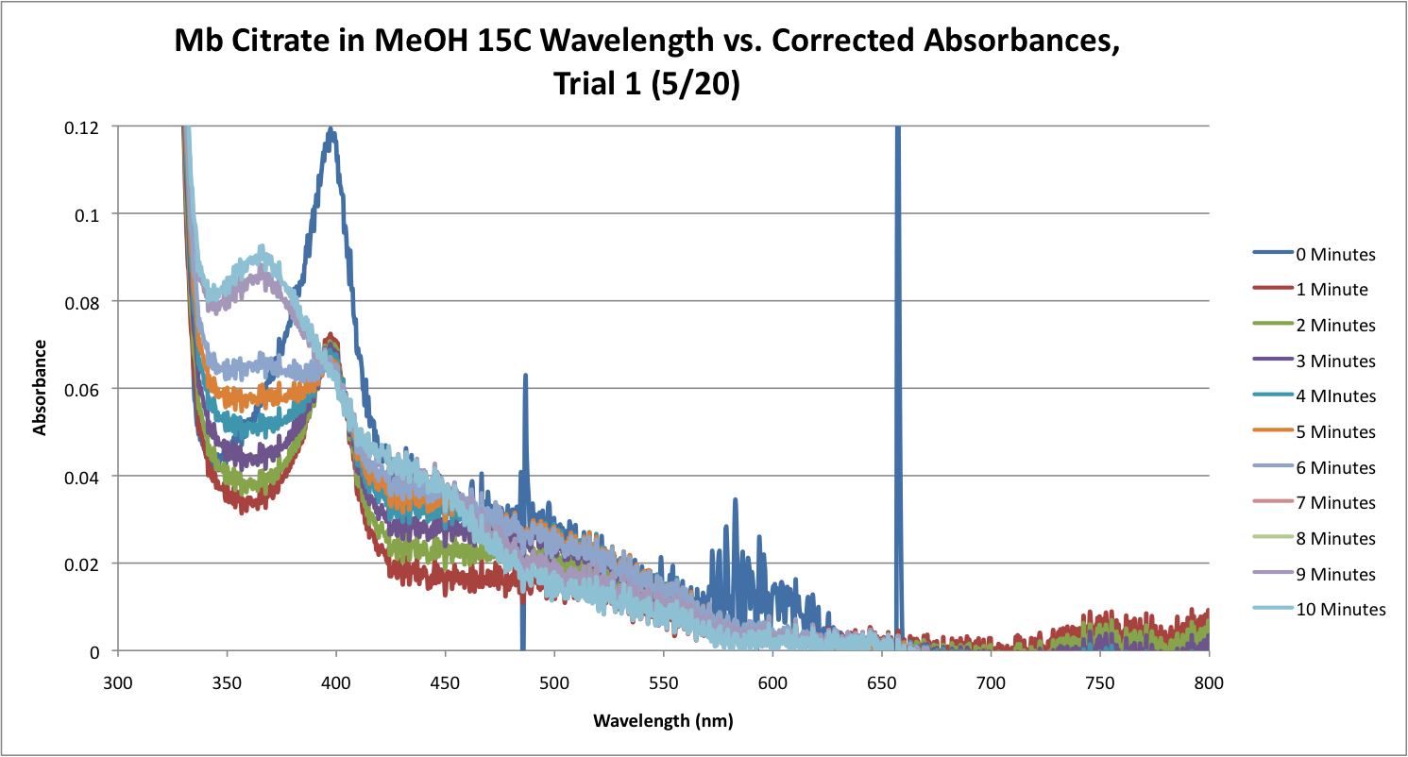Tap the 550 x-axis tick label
click(663, 680)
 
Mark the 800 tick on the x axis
click(1209, 680)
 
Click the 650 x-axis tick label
click(881, 680)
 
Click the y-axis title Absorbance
click(41, 389)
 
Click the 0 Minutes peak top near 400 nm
click(331, 129)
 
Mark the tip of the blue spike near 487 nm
click(525, 376)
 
